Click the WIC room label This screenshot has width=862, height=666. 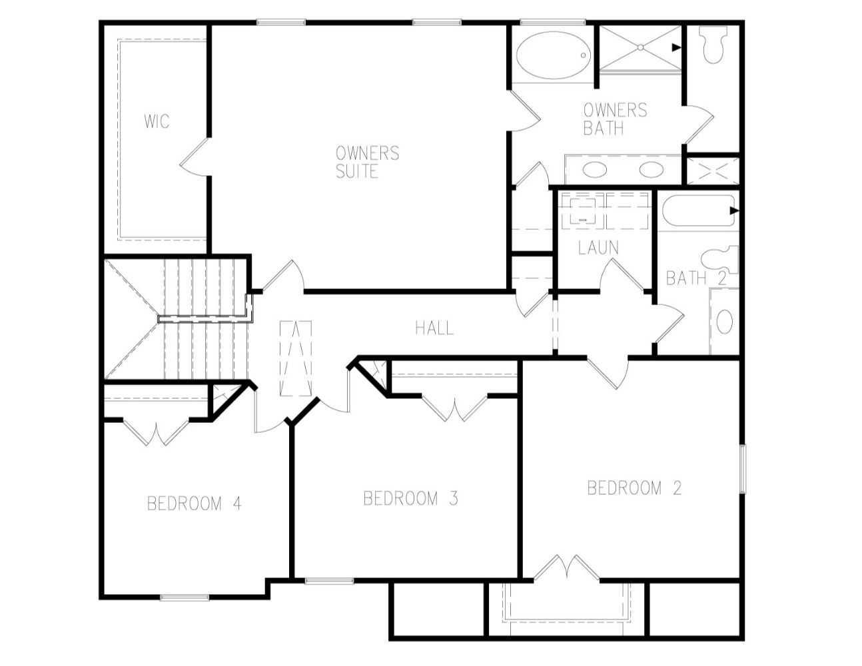pyautogui.click(x=157, y=121)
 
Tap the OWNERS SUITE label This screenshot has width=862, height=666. pyautogui.click(x=367, y=162)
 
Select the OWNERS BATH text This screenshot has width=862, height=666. pyautogui.click(x=616, y=119)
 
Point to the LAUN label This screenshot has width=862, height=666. pyautogui.click(x=598, y=248)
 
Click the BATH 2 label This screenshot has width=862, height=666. pyautogui.click(x=696, y=278)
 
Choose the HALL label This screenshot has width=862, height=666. pyautogui.click(x=434, y=328)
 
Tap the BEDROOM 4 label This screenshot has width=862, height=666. pyautogui.click(x=195, y=504)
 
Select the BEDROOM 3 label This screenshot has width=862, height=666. pyautogui.click(x=410, y=499)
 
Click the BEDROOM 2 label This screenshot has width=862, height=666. pyautogui.click(x=634, y=488)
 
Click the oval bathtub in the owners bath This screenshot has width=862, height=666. pyautogui.click(x=554, y=55)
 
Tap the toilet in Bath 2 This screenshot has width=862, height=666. pyautogui.click(x=720, y=260)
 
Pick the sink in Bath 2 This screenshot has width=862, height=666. pyautogui.click(x=725, y=322)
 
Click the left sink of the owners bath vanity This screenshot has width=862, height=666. pyautogui.click(x=595, y=170)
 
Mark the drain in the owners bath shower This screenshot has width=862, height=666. pyautogui.click(x=640, y=47)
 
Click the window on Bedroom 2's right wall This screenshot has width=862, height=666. pyautogui.click(x=743, y=469)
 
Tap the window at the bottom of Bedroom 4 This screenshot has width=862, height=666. pyautogui.click(x=185, y=597)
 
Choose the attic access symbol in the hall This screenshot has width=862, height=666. pyautogui.click(x=296, y=358)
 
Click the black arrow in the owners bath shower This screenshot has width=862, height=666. pyautogui.click(x=676, y=47)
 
